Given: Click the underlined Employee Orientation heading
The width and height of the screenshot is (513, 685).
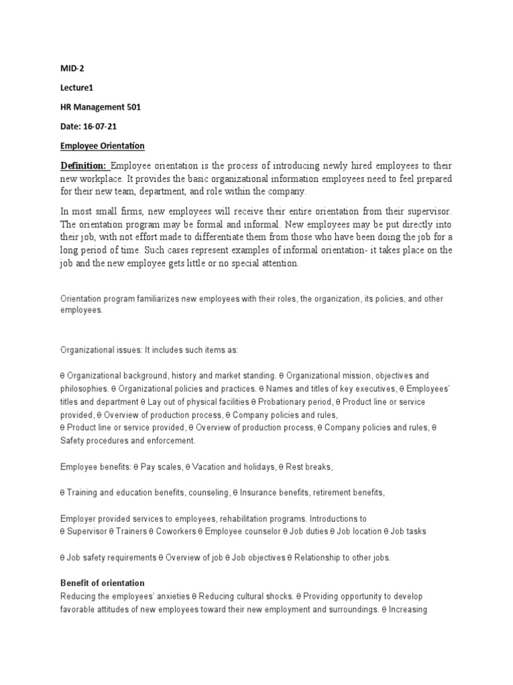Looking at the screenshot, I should point(102,146).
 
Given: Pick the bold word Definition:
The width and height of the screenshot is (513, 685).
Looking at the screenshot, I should point(83,166).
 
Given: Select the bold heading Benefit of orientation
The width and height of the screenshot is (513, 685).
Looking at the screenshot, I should point(102,583).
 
